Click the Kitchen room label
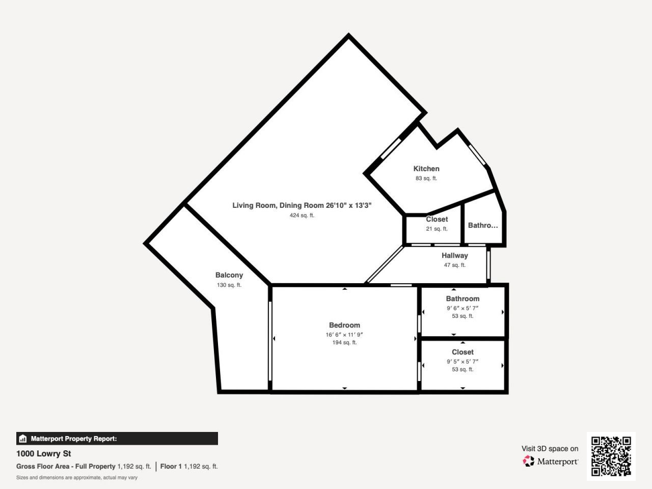[x=426, y=169]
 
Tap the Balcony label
[x=229, y=275]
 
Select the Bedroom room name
[x=344, y=325]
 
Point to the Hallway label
[x=454, y=256]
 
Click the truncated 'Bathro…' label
[x=483, y=225]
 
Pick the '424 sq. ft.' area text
[x=302, y=215]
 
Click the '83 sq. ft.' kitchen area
[x=426, y=178]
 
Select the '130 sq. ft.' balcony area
[x=229, y=285]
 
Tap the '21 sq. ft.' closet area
[x=437, y=229]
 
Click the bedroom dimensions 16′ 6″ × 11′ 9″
[x=344, y=335]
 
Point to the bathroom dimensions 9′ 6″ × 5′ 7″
[x=463, y=308]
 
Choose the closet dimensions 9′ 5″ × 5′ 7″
[x=463, y=362]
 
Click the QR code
[x=611, y=456]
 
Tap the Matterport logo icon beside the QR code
[x=528, y=461]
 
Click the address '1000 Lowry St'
[x=44, y=453]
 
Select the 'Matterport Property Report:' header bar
[x=117, y=439]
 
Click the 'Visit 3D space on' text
[x=550, y=449]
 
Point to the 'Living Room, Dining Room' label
[x=279, y=205]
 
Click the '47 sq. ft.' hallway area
[x=454, y=265]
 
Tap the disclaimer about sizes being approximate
[x=77, y=478]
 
